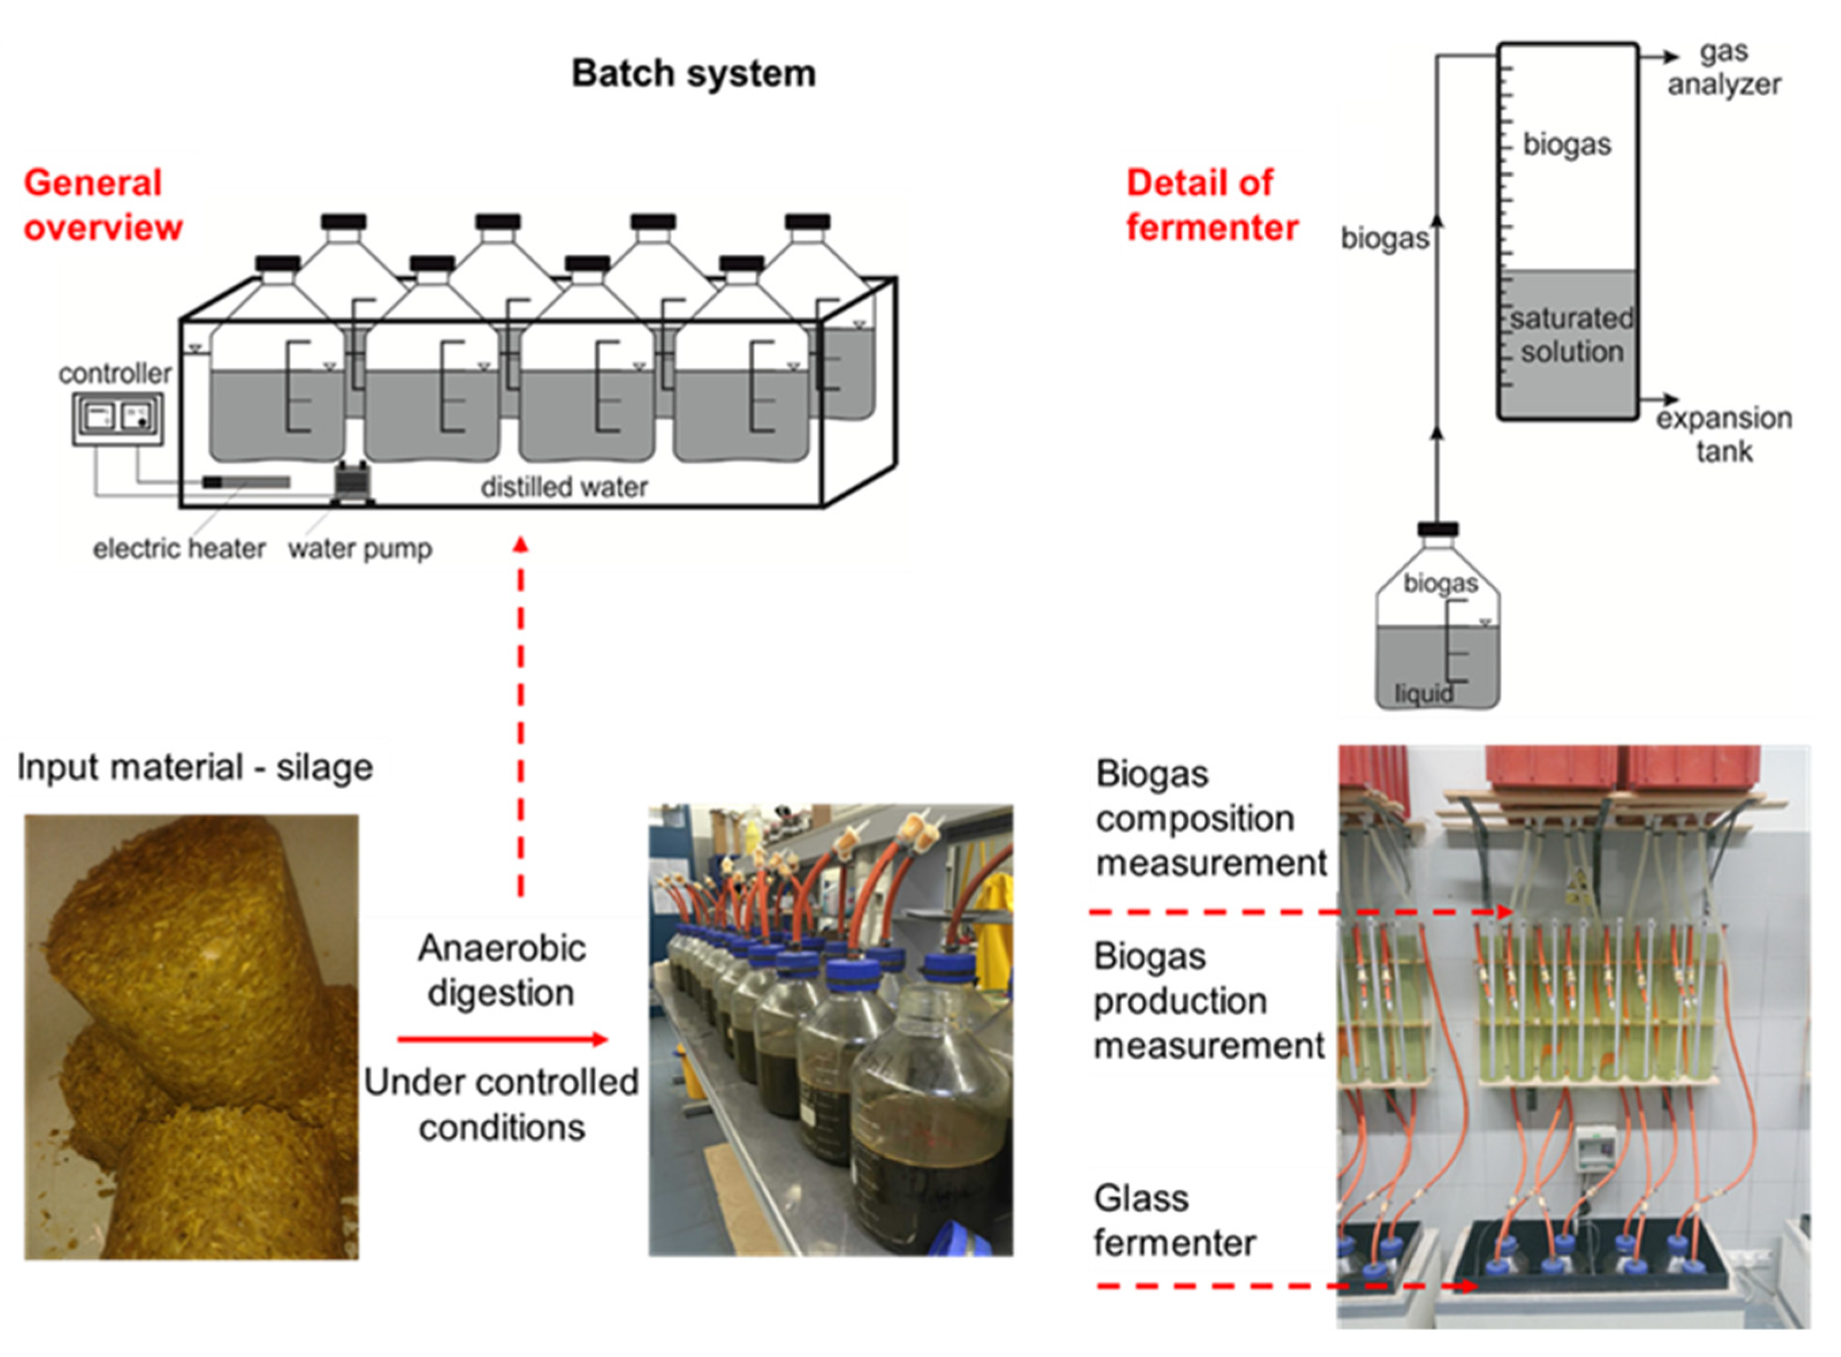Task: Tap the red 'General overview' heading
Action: point(102,204)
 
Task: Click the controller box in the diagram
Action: point(117,418)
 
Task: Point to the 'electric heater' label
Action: point(178,548)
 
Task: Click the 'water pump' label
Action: point(359,548)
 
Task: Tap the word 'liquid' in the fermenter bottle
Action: point(1423,694)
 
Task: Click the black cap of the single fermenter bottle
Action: point(1438,529)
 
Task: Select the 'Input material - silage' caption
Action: point(195,767)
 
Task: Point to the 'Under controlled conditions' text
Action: point(501,1104)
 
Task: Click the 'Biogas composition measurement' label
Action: point(1210,818)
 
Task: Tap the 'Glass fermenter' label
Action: point(1173,1221)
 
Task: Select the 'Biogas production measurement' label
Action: point(1208,1001)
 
